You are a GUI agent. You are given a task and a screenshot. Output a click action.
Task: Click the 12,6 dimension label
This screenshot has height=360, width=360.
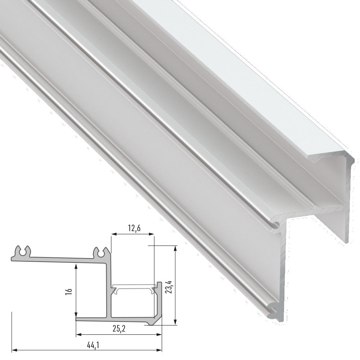tap(134, 229)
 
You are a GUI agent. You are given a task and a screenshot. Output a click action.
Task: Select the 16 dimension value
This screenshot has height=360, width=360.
tap(70, 291)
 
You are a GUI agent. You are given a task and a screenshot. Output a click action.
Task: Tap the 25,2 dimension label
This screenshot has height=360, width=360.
tap(119, 329)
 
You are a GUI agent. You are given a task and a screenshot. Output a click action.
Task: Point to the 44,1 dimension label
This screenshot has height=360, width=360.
tap(93, 345)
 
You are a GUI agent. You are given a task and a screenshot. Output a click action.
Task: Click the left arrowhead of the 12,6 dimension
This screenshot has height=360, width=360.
tap(114, 234)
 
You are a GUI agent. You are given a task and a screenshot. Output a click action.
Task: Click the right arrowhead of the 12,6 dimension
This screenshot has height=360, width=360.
tap(151, 234)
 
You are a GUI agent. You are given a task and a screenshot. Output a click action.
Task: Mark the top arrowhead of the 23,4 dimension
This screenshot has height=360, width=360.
tap(175, 248)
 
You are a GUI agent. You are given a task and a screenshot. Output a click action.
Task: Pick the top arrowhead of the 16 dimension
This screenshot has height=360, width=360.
tap(76, 266)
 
